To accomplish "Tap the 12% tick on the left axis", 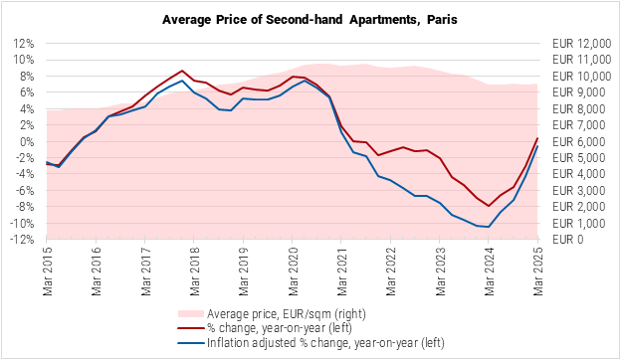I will point(25,44).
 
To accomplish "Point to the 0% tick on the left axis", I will point(28,141).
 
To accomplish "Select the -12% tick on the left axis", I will point(23,240).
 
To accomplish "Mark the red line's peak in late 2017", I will point(182,71).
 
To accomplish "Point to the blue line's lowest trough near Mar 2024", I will point(488,227).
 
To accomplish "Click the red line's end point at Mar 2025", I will point(537,138).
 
